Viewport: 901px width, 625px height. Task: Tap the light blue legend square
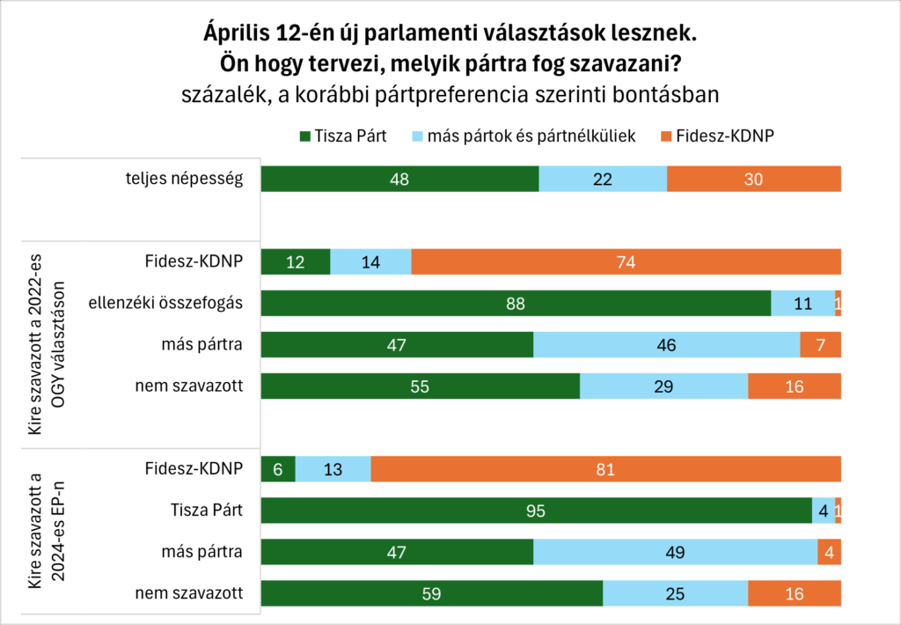click(x=417, y=136)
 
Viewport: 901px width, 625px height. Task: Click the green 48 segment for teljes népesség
click(x=400, y=179)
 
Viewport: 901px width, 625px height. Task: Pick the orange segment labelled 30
click(x=753, y=179)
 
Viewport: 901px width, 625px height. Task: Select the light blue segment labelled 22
click(x=603, y=179)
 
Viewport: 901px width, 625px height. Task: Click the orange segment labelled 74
click(x=626, y=262)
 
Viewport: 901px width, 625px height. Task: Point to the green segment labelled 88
click(x=516, y=304)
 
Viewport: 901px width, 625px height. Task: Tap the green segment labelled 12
click(x=296, y=262)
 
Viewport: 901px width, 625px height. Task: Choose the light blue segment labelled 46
click(x=666, y=345)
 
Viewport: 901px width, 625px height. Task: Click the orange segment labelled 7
click(x=820, y=345)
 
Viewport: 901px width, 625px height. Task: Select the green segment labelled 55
click(x=421, y=386)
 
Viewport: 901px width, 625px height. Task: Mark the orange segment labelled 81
click(x=605, y=469)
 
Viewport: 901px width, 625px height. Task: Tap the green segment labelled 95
click(x=536, y=511)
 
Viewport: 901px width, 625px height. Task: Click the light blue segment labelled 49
click(x=675, y=552)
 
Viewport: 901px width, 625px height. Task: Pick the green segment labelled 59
click(x=432, y=593)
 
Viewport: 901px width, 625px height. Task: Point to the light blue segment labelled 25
click(x=675, y=593)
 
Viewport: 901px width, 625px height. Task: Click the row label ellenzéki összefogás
click(x=165, y=304)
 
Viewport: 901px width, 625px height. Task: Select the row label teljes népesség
click(x=183, y=179)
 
